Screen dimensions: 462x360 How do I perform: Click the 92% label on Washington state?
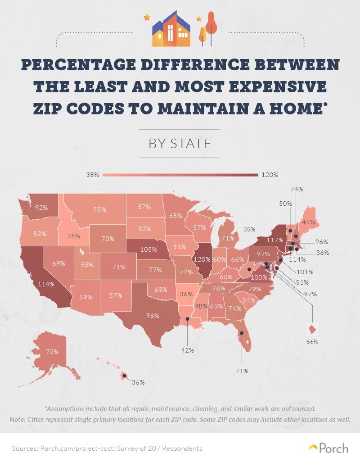tap(41, 208)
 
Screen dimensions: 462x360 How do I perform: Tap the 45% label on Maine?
tap(308, 222)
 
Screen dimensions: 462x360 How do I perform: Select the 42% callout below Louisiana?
tap(188, 350)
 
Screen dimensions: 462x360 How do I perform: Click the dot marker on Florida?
tap(241, 333)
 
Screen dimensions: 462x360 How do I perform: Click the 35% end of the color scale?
tap(93, 175)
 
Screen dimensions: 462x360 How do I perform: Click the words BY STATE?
tap(180, 144)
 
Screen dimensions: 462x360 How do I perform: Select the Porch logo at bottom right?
tap(329, 448)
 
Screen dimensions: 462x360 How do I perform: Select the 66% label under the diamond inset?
tap(312, 341)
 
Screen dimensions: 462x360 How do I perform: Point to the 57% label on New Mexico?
tap(115, 296)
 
